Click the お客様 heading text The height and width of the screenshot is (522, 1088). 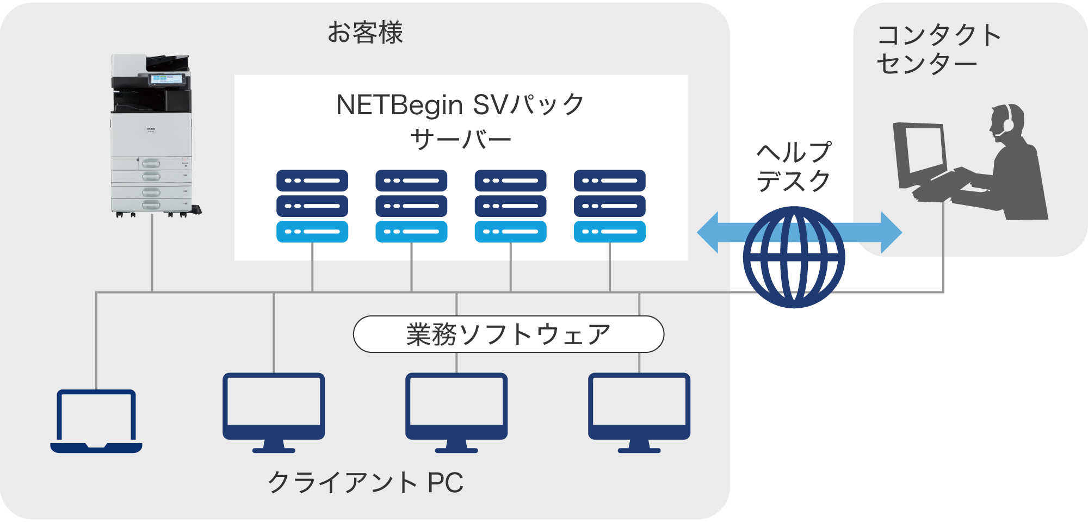365,33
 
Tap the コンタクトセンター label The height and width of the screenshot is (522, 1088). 938,49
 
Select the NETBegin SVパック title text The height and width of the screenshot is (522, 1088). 460,105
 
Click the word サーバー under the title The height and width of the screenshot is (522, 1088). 460,140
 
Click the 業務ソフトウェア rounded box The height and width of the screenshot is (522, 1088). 508,334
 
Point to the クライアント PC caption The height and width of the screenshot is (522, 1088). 365,482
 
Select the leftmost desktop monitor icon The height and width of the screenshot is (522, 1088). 274,411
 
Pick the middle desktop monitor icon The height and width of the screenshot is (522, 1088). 456,411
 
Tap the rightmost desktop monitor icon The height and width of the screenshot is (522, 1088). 639,411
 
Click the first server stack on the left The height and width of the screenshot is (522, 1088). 312,206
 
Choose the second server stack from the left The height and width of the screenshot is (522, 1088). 411,206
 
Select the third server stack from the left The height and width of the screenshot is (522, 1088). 510,206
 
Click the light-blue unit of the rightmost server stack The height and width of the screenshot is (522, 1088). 609,232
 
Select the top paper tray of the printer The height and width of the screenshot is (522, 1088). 151,163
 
